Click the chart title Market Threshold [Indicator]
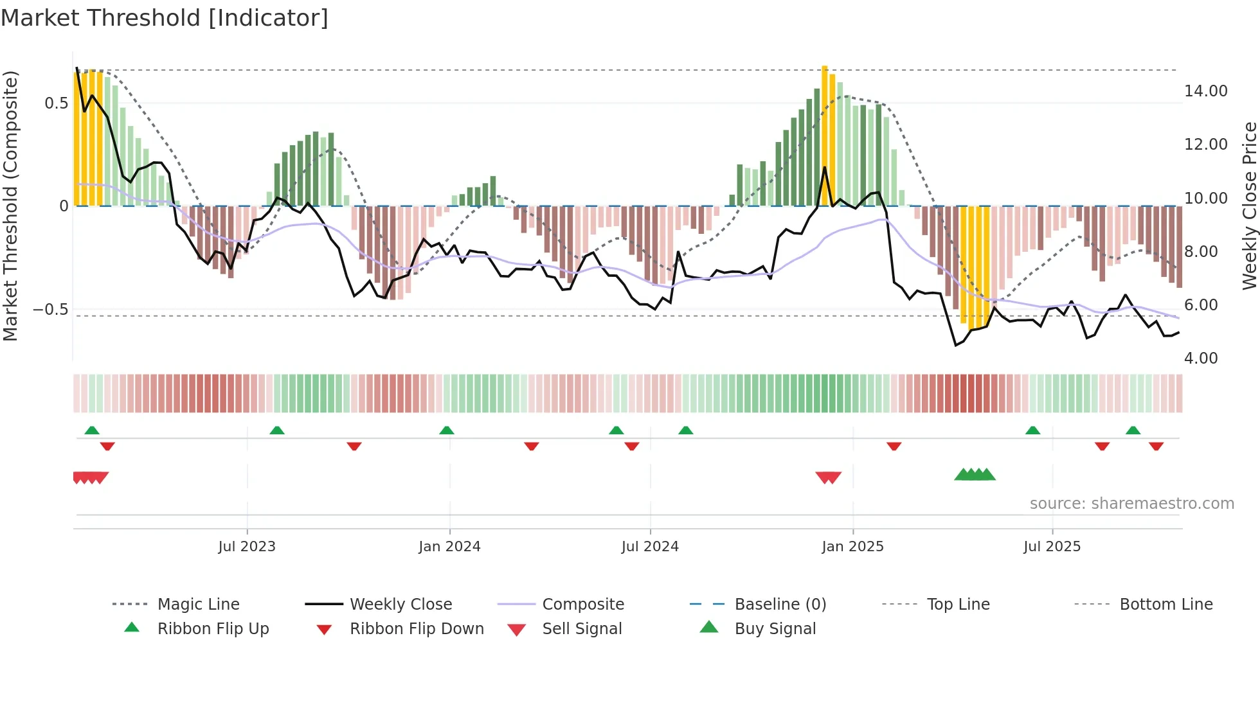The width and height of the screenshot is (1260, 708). point(165,18)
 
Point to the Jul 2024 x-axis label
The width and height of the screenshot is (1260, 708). point(650,547)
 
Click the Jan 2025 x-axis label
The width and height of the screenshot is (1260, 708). point(852,547)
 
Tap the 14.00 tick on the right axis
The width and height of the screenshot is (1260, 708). point(1205,91)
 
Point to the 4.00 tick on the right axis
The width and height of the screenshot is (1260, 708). point(1200,358)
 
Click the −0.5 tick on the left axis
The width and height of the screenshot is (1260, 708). point(51,310)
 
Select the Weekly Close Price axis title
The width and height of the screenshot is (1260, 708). point(1249,206)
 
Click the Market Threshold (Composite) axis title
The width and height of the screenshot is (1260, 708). point(10,206)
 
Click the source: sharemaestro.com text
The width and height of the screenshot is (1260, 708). point(1131,504)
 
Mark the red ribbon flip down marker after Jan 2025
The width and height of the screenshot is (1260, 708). point(894,446)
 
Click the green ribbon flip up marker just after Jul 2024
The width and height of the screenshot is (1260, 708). point(685,430)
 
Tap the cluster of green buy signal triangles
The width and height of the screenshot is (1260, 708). point(975,475)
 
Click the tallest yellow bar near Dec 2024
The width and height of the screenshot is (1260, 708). point(825,135)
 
